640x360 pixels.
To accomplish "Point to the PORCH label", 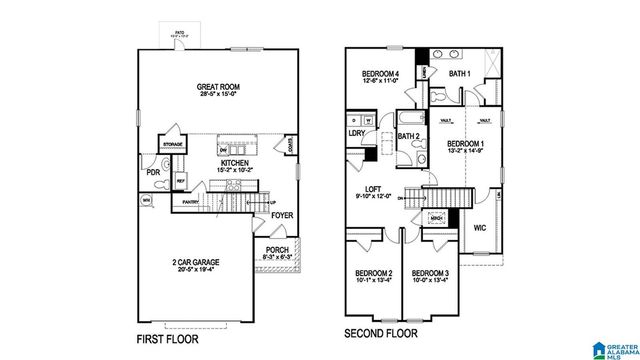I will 277,251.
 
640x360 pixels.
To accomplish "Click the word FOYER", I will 282,214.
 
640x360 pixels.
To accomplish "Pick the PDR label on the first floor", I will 153,171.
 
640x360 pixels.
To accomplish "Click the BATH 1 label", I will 460,74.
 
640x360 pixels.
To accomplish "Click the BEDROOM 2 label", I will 374,274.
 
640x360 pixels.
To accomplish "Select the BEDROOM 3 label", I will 431,274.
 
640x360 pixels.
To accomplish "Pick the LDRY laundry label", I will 355,132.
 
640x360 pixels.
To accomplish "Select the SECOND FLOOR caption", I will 385,333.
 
